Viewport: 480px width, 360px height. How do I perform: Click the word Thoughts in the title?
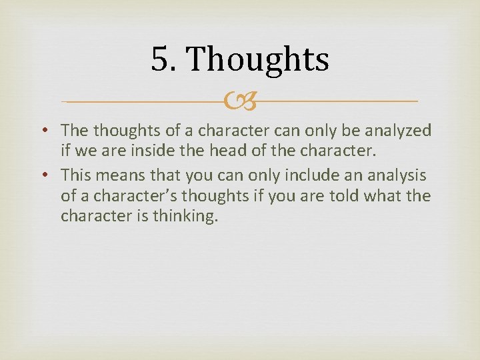click(x=257, y=59)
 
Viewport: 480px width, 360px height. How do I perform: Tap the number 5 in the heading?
click(x=160, y=59)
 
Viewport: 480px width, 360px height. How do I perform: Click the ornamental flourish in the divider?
click(x=239, y=102)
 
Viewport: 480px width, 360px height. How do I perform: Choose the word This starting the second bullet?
click(x=75, y=175)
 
